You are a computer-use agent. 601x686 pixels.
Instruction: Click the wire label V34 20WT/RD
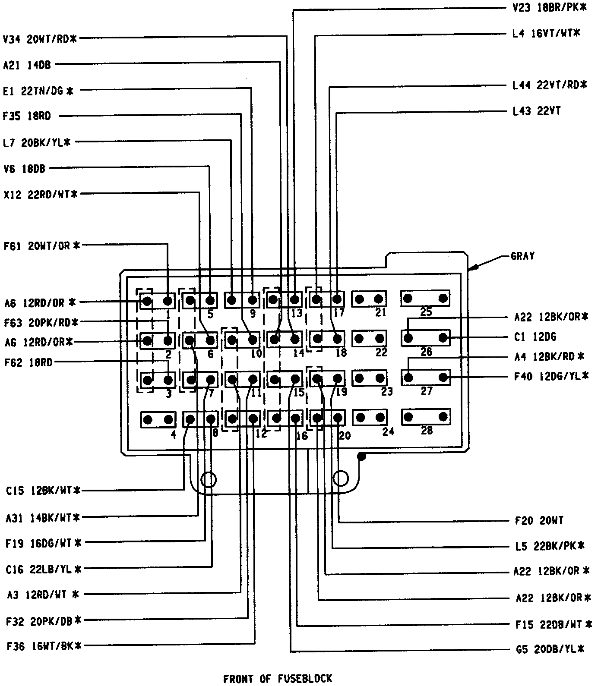[40, 39]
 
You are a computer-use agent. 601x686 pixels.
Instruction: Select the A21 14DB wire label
[27, 65]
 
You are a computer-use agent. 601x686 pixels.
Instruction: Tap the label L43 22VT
[537, 111]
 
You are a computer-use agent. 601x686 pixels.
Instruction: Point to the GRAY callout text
[522, 256]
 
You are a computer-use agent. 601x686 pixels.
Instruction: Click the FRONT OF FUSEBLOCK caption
[278, 678]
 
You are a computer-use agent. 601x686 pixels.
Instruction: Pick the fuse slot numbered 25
[425, 298]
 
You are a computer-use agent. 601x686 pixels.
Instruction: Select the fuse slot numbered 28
[425, 417]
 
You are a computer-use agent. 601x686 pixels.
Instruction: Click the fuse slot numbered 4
[158, 419]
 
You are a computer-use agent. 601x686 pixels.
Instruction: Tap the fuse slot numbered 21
[369, 299]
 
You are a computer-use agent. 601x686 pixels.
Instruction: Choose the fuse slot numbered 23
[370, 378]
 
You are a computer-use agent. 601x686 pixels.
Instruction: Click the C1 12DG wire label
[535, 337]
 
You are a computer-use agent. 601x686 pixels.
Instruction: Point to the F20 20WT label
[539, 521]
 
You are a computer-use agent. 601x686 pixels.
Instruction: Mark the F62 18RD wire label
[28, 362]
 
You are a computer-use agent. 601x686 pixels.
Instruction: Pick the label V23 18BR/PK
[547, 8]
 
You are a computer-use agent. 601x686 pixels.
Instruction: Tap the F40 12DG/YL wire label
[551, 376]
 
